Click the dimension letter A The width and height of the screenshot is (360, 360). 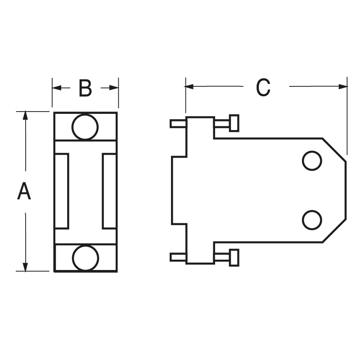(x=24, y=191)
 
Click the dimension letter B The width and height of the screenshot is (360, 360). (x=85, y=89)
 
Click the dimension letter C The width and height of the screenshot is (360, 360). (x=263, y=87)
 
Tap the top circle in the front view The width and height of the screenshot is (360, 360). (x=85, y=127)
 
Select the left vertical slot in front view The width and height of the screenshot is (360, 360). (x=62, y=191)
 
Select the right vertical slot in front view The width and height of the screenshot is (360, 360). (x=109, y=191)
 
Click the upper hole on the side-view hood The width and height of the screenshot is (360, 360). (x=311, y=161)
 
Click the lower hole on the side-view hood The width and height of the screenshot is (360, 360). (x=311, y=220)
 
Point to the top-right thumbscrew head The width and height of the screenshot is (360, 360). (x=234, y=123)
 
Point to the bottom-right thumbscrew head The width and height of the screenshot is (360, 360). (x=234, y=258)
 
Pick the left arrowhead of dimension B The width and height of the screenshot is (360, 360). (x=56, y=88)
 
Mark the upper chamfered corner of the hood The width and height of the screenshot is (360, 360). (x=334, y=149)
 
